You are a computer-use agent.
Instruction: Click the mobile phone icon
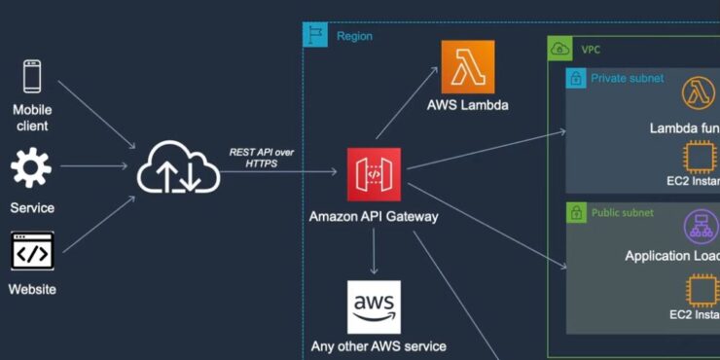click(x=32, y=76)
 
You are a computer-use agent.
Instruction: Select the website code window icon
click(x=31, y=250)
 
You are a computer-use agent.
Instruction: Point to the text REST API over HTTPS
click(x=261, y=158)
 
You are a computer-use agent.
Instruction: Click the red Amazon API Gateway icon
click(x=374, y=174)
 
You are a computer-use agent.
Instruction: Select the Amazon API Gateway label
click(x=374, y=216)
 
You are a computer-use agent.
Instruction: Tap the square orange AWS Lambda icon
click(x=467, y=66)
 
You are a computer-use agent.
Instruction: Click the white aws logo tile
click(x=374, y=306)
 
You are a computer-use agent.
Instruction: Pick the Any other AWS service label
click(x=378, y=346)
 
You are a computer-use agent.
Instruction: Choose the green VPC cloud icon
click(x=559, y=48)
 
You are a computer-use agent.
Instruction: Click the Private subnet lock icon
click(x=577, y=78)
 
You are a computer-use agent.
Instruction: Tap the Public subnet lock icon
click(x=577, y=212)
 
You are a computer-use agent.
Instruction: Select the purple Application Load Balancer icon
click(x=700, y=226)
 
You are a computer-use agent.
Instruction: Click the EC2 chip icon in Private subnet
click(x=700, y=158)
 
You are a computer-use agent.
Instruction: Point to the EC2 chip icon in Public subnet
click(x=700, y=291)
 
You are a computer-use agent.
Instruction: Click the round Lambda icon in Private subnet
click(x=700, y=93)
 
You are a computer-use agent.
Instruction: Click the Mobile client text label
click(x=31, y=118)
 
